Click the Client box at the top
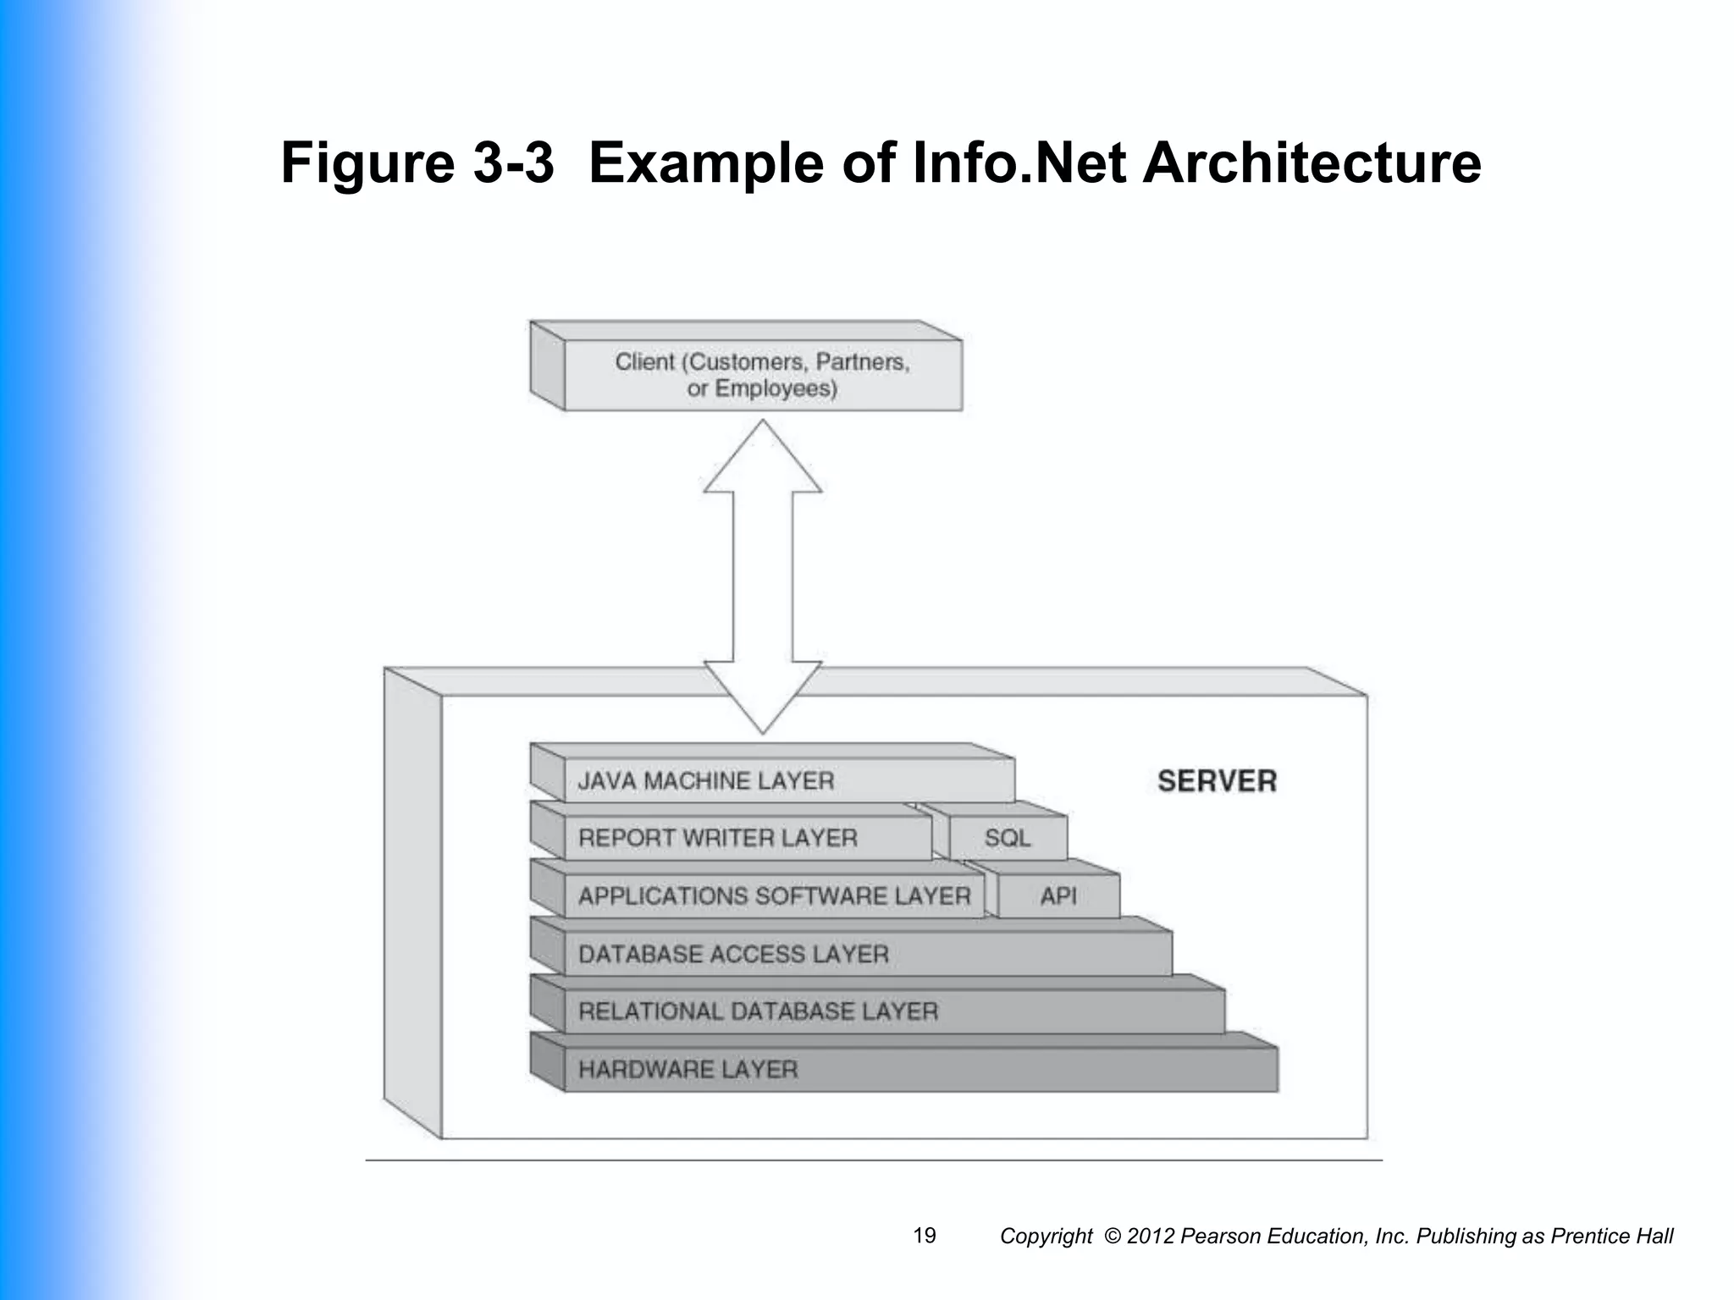762,375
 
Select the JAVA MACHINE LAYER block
787,780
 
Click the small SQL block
1008,839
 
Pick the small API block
1058,896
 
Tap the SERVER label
1217,781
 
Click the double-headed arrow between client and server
762,576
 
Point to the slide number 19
925,1236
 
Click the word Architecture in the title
1312,162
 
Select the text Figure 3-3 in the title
417,162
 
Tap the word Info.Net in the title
1019,162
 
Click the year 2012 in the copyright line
1151,1237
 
